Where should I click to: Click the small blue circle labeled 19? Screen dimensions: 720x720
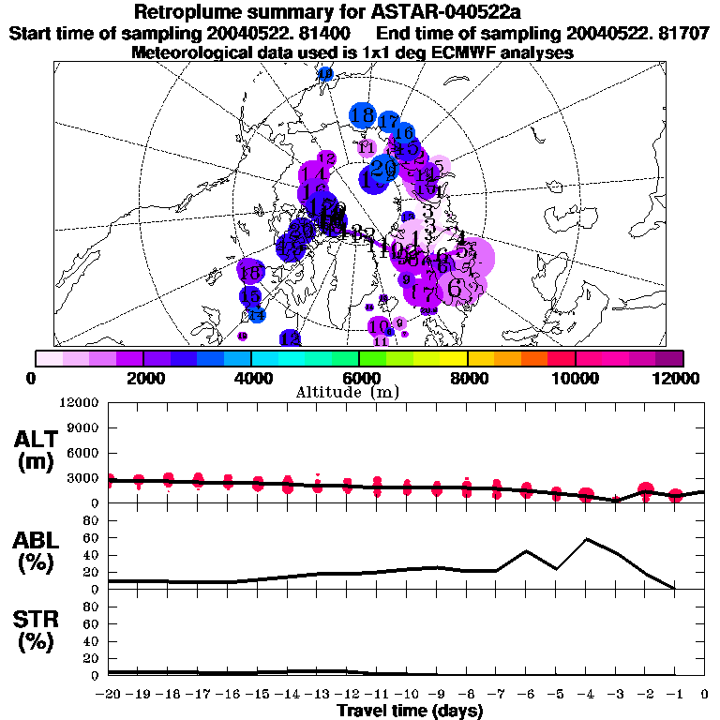tap(325, 75)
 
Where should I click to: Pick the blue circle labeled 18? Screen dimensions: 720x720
tap(363, 116)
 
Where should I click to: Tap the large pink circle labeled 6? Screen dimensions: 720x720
tap(456, 288)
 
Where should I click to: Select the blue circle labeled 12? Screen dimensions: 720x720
tap(290, 337)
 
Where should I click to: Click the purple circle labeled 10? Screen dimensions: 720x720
tap(379, 327)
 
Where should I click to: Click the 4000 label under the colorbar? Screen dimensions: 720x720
tap(250, 378)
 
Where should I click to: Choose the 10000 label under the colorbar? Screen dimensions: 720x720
tap(575, 378)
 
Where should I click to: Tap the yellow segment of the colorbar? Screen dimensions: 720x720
tap(455, 358)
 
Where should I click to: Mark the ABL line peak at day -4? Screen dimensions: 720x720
tap(586, 539)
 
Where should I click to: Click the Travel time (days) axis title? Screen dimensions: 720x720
tap(410, 711)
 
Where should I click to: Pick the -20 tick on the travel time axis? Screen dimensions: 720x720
tap(110, 695)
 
